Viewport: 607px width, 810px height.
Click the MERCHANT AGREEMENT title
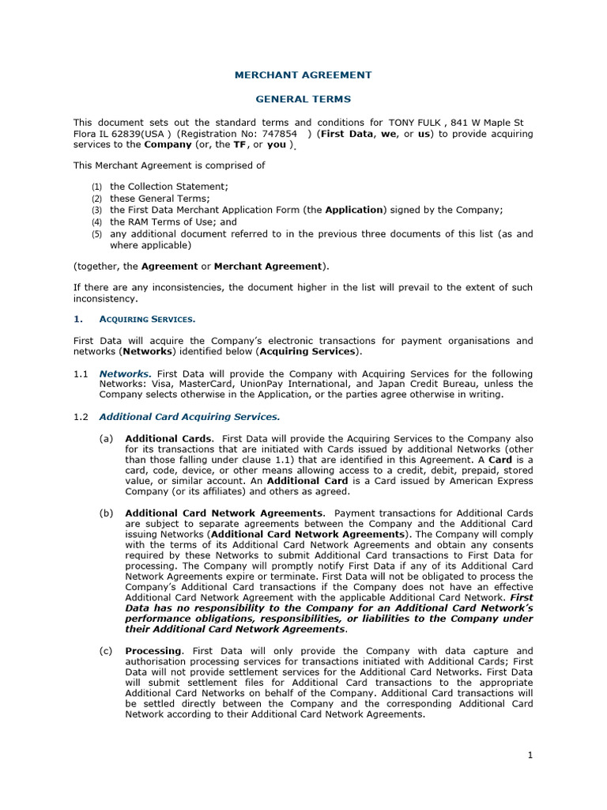tap(303, 75)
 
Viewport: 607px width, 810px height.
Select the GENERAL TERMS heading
tap(303, 99)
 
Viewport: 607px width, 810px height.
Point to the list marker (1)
tap(96, 187)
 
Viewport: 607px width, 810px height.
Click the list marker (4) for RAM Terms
tap(96, 222)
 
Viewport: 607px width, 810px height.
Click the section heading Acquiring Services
tap(147, 320)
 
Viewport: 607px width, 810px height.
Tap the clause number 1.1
tap(81, 373)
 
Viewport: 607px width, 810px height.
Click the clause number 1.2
tap(81, 416)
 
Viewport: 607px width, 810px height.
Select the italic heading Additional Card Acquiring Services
tap(190, 416)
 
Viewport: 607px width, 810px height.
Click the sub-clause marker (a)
tap(106, 438)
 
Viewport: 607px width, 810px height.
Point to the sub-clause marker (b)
tap(106, 513)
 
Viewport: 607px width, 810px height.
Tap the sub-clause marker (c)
tap(106, 651)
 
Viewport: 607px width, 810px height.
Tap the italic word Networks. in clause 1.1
tap(125, 373)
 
